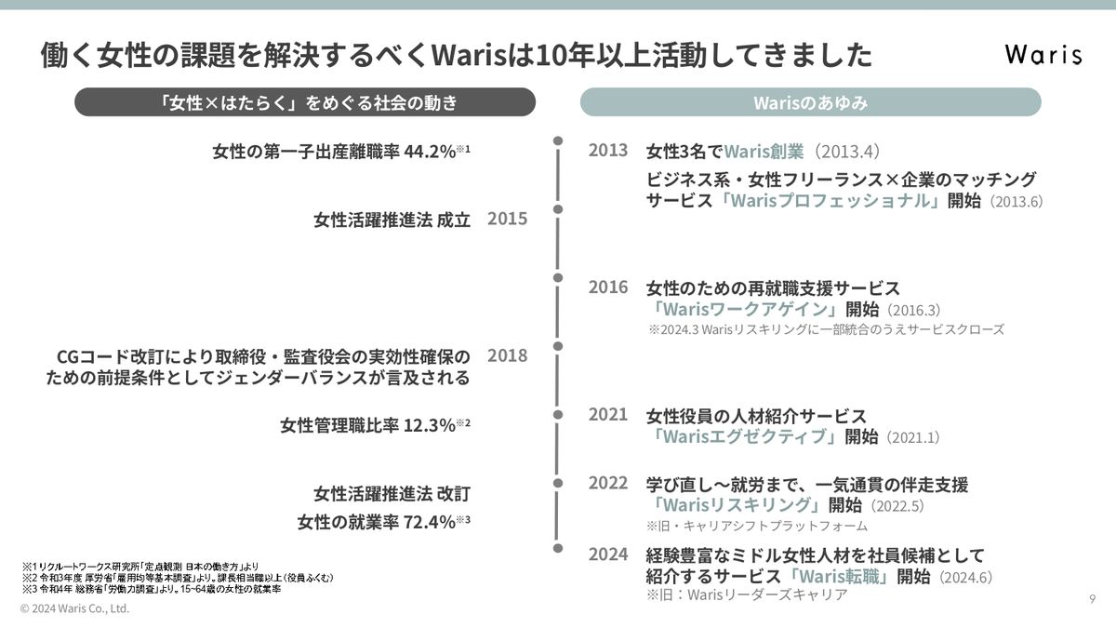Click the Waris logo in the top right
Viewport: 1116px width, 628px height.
[x=1043, y=55]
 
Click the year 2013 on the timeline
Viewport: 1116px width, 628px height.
[x=608, y=150]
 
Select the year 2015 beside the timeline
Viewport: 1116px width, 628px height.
[x=507, y=219]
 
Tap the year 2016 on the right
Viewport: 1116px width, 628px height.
[x=608, y=287]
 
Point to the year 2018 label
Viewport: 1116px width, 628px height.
[x=507, y=355]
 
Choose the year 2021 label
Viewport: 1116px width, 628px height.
[x=608, y=415]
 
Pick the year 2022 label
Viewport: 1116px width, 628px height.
[x=608, y=483]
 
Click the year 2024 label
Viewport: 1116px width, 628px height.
[x=608, y=555]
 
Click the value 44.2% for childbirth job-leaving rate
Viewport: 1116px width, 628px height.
[x=429, y=151]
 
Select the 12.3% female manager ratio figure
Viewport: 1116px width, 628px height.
[x=429, y=425]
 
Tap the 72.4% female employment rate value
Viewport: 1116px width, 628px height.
[x=429, y=521]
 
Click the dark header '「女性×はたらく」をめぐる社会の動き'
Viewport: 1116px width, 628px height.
[x=305, y=102]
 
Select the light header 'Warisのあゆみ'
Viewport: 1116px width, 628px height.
[x=810, y=102]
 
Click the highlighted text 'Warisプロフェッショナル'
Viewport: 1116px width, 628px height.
[x=830, y=201]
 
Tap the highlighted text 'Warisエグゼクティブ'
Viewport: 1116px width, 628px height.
[x=748, y=436]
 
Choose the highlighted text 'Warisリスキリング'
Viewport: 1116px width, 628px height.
[x=739, y=505]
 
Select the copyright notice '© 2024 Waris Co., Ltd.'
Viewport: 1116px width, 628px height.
[x=74, y=608]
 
